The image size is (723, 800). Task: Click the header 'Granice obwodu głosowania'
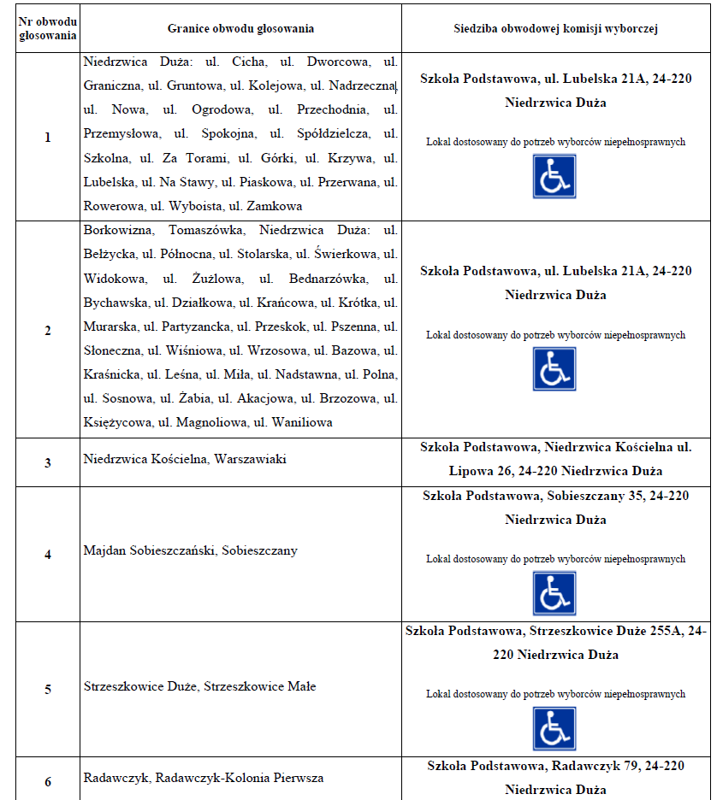pos(240,28)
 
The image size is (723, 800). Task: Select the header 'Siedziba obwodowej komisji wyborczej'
pos(555,28)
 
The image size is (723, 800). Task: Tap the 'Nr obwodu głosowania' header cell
pos(48,28)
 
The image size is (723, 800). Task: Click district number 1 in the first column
pos(48,137)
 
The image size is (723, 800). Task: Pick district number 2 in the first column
pos(48,331)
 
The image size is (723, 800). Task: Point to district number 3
pos(48,462)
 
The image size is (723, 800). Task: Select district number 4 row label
pos(48,554)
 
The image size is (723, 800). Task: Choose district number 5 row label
pos(48,689)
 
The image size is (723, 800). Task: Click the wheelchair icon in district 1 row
pos(554,176)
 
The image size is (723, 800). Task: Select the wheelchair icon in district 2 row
pos(554,369)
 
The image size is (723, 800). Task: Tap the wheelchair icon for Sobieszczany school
pos(554,593)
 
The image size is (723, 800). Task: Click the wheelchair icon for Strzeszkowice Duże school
pos(554,728)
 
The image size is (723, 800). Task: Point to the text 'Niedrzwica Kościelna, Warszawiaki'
pos(185,459)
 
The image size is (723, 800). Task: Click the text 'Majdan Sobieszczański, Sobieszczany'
pos(191,550)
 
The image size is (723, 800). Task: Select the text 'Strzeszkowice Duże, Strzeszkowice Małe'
pos(200,686)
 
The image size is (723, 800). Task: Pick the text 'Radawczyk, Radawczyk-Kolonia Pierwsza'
pos(204,778)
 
